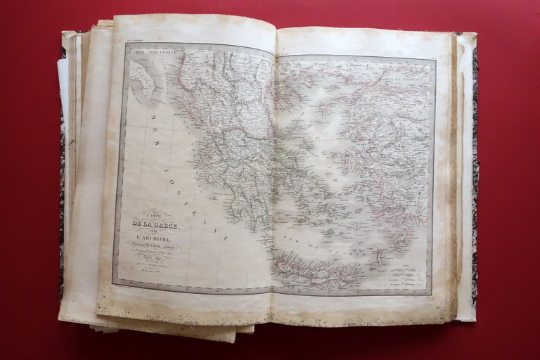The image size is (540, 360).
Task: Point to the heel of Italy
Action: pos(146,81)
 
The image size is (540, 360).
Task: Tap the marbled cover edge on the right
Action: pos(475,176)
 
